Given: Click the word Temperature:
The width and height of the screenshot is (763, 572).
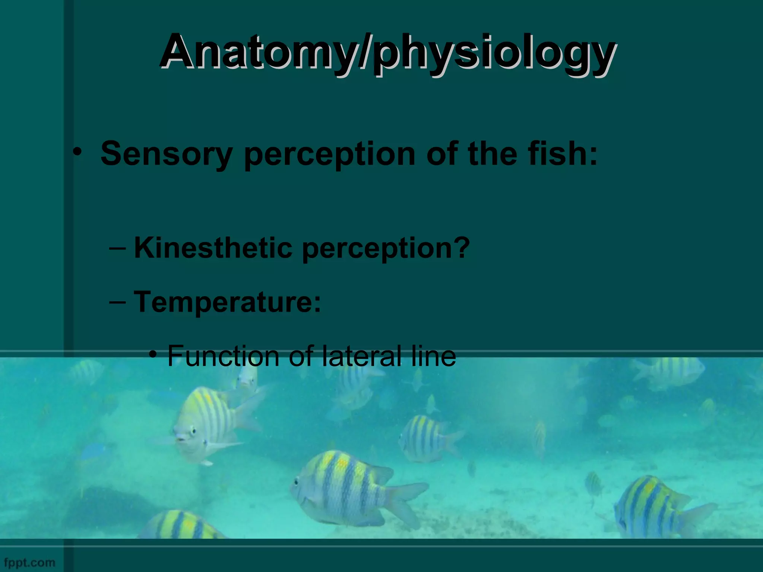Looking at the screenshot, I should pyautogui.click(x=227, y=301).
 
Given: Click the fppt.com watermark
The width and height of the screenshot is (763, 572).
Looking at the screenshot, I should pyautogui.click(x=29, y=562).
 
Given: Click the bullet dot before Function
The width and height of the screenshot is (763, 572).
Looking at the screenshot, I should pyautogui.click(x=152, y=354).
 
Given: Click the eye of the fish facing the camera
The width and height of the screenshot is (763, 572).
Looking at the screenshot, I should pyautogui.click(x=193, y=431).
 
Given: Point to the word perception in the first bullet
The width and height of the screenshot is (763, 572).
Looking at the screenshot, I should pyautogui.click(x=329, y=154).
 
